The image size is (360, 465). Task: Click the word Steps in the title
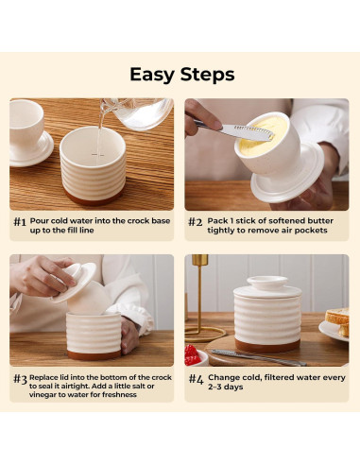coord(208,75)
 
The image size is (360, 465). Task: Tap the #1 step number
coord(20,222)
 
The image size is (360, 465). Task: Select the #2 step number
coord(196,222)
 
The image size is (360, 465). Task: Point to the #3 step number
coord(20,379)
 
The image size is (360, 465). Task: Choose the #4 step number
coord(197,379)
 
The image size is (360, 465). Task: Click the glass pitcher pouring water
coord(139,112)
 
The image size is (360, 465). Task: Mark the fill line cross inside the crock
coord(97,155)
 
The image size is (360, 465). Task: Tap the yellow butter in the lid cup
coord(263,133)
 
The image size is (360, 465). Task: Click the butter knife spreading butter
coord(233,129)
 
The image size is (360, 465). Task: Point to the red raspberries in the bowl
coord(192,355)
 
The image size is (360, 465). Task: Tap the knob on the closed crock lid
coord(267,283)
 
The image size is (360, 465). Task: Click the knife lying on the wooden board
coord(259,357)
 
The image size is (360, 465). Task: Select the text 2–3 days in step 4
coord(226,387)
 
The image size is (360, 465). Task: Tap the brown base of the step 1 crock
coord(93,198)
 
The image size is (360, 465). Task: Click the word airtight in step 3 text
coord(78,387)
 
